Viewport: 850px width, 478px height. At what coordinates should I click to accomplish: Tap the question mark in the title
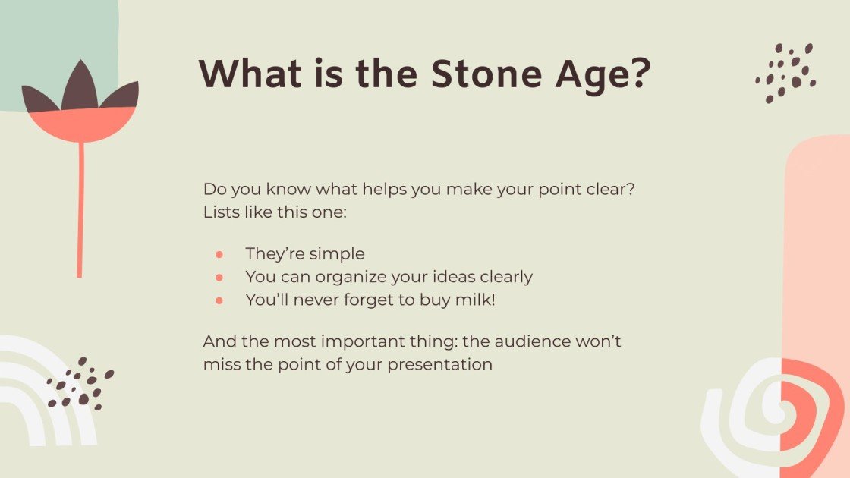coord(639,74)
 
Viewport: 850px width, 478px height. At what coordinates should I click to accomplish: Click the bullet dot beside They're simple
coord(219,254)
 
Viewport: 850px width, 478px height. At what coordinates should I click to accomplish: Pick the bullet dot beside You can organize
coord(219,278)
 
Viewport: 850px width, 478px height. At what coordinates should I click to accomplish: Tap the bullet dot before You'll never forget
coord(219,300)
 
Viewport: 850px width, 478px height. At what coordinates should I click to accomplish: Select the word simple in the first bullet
coord(335,254)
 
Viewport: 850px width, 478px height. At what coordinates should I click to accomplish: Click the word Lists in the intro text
coord(219,212)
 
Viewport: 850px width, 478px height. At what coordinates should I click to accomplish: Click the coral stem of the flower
coord(80,212)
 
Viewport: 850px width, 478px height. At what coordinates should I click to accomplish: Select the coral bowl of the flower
coord(80,124)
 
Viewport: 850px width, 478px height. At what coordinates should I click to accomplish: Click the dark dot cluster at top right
coord(786,72)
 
